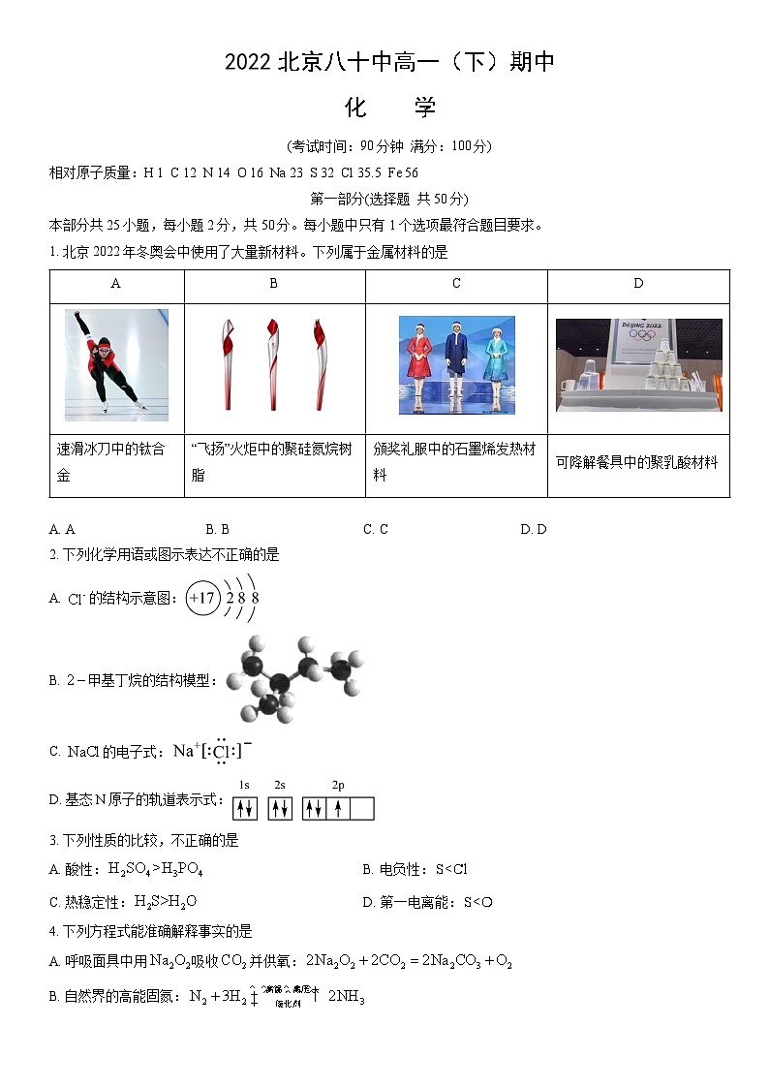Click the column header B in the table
click(274, 284)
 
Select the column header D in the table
click(638, 284)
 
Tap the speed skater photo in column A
click(116, 364)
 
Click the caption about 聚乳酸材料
click(637, 463)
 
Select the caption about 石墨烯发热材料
click(455, 462)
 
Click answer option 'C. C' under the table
click(376, 529)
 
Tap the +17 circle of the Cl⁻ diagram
click(202, 598)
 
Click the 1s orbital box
click(245, 808)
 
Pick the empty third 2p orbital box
click(361, 808)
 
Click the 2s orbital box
click(280, 808)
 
